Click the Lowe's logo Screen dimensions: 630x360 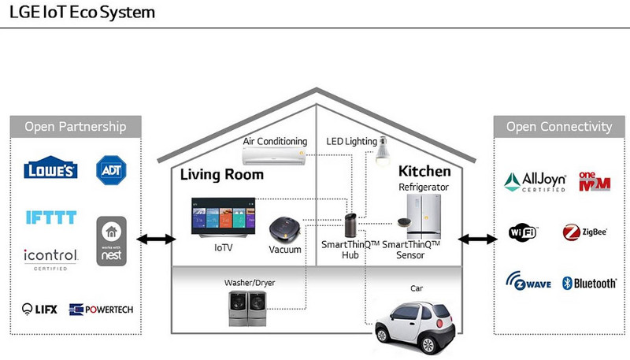point(50,168)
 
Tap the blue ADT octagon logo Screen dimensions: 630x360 point(111,170)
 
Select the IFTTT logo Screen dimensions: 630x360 point(51,217)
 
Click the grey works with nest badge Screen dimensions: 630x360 point(111,241)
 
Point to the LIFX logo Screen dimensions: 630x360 point(39,309)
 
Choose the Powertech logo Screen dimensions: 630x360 point(101,310)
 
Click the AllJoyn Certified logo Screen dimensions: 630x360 point(535,182)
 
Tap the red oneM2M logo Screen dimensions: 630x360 point(595,182)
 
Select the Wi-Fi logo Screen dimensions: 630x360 point(522,232)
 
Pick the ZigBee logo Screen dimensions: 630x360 point(584,232)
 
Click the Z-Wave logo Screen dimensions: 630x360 point(528,281)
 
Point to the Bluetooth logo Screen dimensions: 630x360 point(589,284)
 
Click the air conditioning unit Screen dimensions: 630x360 point(274,155)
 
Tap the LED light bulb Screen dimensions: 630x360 point(383,151)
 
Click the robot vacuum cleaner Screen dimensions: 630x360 point(285,229)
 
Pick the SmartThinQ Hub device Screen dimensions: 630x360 point(350,225)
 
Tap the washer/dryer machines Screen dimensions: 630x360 point(247,309)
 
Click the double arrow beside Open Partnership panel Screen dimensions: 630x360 point(156,239)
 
